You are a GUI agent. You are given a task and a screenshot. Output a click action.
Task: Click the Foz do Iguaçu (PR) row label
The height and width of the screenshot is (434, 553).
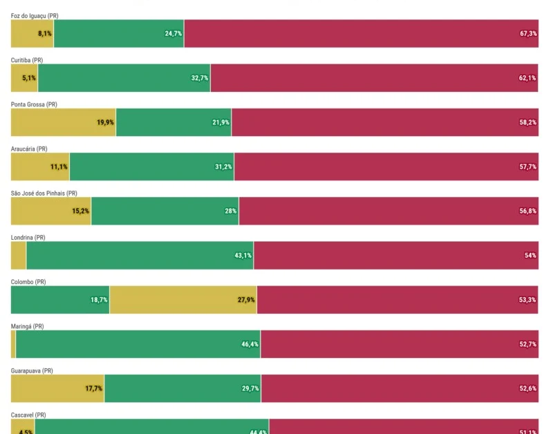[x=35, y=15]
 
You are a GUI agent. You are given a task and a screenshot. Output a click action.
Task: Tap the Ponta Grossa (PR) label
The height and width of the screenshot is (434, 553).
[x=34, y=104]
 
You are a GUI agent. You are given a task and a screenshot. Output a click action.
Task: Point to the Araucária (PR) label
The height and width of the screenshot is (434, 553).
[x=29, y=149]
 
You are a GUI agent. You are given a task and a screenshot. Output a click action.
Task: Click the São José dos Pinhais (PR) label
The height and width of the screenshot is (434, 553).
[x=44, y=193]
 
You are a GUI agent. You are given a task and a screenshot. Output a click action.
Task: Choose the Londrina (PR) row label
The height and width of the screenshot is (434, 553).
[x=28, y=237]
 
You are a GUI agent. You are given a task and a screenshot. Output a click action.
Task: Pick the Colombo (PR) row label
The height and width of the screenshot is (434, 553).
[x=28, y=282]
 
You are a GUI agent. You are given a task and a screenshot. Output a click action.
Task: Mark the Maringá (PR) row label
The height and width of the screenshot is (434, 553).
[x=28, y=326]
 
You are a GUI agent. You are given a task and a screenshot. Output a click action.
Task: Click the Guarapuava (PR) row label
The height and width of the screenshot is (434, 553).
[x=32, y=370]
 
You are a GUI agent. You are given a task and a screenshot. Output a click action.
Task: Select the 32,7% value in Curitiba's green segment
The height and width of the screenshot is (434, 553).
[x=200, y=78]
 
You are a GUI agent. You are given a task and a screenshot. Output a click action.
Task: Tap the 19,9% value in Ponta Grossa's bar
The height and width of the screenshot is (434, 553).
[x=105, y=122]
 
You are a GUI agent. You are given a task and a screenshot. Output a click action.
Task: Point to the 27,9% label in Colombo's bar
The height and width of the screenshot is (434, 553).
[x=246, y=300]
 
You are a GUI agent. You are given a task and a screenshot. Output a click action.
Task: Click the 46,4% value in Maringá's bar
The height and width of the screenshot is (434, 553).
[x=250, y=344]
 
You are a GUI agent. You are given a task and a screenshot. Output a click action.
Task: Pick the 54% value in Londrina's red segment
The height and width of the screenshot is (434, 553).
[x=530, y=256]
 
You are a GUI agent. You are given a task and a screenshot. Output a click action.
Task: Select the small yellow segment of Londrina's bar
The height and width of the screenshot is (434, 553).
[x=19, y=256]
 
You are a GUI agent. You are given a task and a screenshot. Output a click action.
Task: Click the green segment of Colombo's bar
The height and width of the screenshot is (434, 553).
[x=60, y=300]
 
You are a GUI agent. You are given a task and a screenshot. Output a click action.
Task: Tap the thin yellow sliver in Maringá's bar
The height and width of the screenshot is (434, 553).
[x=13, y=344]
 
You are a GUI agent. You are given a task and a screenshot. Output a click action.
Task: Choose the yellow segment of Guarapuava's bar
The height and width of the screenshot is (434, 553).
[x=57, y=388]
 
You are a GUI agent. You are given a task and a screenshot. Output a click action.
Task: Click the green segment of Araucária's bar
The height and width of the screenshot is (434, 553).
[x=151, y=167]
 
